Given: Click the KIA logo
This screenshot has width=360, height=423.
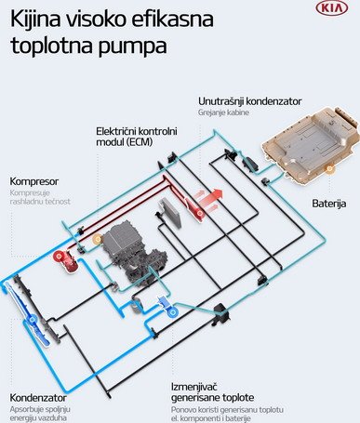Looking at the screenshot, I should tap(333, 8).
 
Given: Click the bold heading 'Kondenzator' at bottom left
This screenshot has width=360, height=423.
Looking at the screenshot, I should tap(42, 396).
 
